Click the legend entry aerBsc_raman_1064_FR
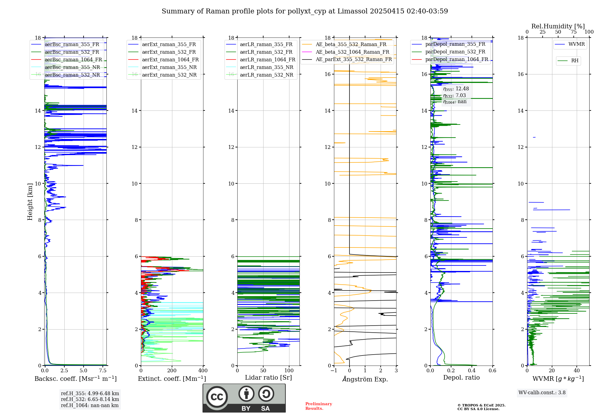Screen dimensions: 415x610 [x=73, y=60]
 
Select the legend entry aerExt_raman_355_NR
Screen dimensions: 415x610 [x=169, y=67]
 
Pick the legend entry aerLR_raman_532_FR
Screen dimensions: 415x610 [x=266, y=52]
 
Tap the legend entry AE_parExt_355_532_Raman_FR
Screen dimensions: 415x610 [x=353, y=60]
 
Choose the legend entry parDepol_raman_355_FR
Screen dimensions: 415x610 [x=455, y=44]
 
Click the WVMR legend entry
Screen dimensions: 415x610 [x=576, y=44]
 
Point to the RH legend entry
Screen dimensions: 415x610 [x=575, y=61]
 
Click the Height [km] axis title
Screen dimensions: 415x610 [x=30, y=202]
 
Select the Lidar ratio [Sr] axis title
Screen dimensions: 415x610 [x=268, y=377]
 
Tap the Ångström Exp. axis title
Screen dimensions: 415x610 [x=365, y=379]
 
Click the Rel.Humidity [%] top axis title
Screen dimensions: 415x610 [x=558, y=26]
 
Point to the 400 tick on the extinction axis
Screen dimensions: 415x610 [x=203, y=371]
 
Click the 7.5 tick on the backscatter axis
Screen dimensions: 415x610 [x=103, y=371]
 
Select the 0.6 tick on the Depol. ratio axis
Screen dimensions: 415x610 [x=492, y=371]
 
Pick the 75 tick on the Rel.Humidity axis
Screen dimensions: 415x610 [x=573, y=32]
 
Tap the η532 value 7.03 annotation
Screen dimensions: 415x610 [x=461, y=96]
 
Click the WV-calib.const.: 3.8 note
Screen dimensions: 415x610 [x=542, y=393]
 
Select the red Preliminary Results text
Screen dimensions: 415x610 [x=318, y=406]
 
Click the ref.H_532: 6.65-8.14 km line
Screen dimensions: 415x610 [x=90, y=399]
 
